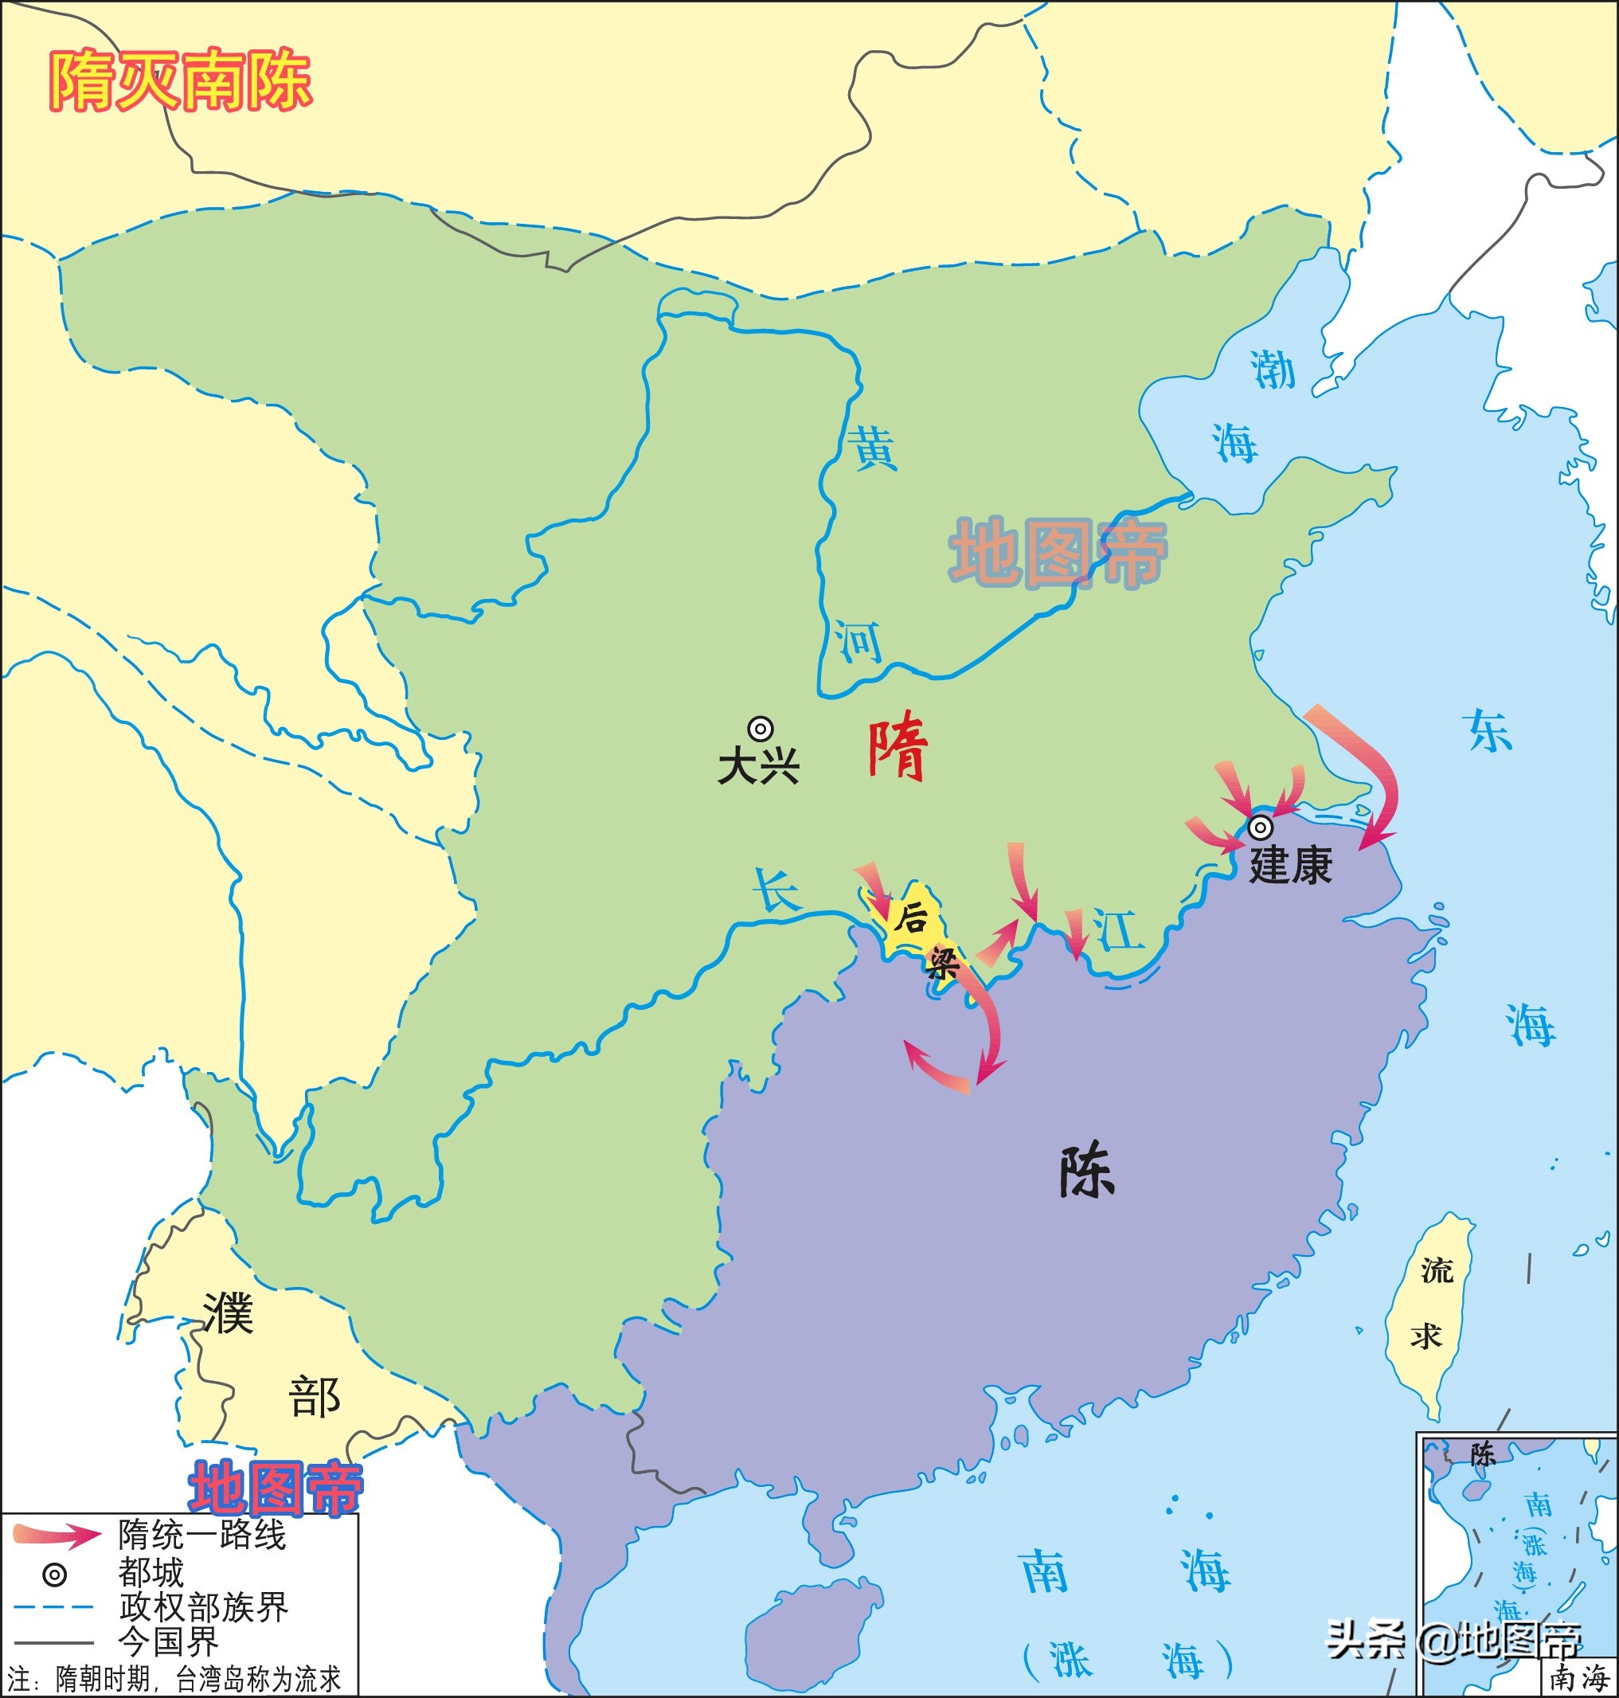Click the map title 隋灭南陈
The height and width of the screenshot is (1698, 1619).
[179, 81]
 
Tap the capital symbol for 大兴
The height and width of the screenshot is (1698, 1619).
[760, 730]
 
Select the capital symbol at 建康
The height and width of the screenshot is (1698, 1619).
[1260, 827]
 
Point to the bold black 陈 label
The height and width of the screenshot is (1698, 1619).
[1086, 1172]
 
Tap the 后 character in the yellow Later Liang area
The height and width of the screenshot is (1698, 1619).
[909, 917]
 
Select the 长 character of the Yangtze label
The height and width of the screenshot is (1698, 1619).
[776, 890]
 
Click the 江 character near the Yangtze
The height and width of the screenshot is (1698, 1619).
[1117, 929]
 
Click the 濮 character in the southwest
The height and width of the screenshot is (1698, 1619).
[228, 1313]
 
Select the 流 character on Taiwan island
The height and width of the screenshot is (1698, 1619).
[1437, 1270]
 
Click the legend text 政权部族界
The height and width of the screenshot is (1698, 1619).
[203, 1606]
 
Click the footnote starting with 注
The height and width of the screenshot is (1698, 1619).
[173, 1679]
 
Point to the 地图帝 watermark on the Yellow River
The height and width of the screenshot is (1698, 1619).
[1058, 553]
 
